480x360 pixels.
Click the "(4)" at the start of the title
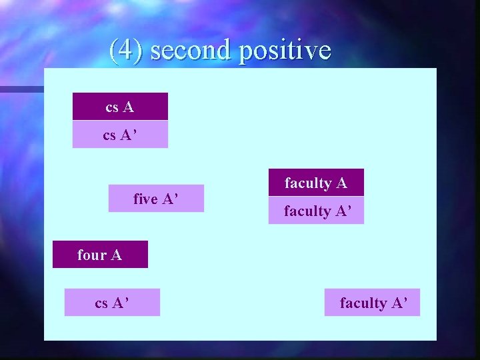coord(126,51)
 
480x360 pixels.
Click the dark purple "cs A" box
coord(120,107)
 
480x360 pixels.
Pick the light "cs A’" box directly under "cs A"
coord(120,135)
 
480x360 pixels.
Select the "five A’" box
coord(156,199)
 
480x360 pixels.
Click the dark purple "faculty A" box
coord(316,183)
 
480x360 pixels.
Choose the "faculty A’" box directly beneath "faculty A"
coord(316,211)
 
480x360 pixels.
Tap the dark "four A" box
coord(100,255)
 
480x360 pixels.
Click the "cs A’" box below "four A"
coord(112,303)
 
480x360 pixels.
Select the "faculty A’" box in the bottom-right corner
coord(372,303)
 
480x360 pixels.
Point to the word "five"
coord(145,199)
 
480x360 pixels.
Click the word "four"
coord(92,255)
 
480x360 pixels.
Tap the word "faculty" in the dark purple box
coord(308,183)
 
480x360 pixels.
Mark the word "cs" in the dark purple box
coord(112,107)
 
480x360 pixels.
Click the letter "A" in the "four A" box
coord(116,255)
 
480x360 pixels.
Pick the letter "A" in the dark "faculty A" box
coord(341,183)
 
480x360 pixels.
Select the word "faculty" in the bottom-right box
coord(363,303)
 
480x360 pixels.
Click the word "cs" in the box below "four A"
coord(101,303)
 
